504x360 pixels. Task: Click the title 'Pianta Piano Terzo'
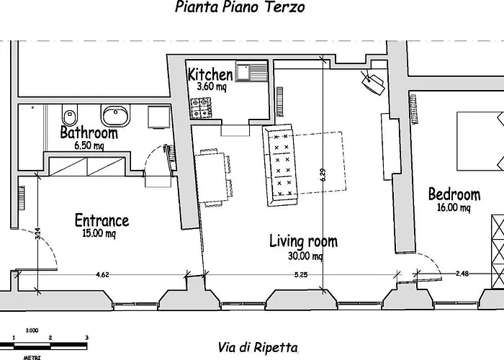239,8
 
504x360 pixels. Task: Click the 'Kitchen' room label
210,74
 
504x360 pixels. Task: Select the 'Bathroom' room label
89,133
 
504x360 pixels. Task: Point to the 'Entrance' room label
102,220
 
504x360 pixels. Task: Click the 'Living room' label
303,241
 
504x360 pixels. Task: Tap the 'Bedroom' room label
454,194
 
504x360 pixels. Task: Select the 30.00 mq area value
306,256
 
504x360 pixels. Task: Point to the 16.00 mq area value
455,208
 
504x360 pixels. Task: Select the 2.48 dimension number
464,274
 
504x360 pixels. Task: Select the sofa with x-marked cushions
280,164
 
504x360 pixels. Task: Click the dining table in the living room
213,177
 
